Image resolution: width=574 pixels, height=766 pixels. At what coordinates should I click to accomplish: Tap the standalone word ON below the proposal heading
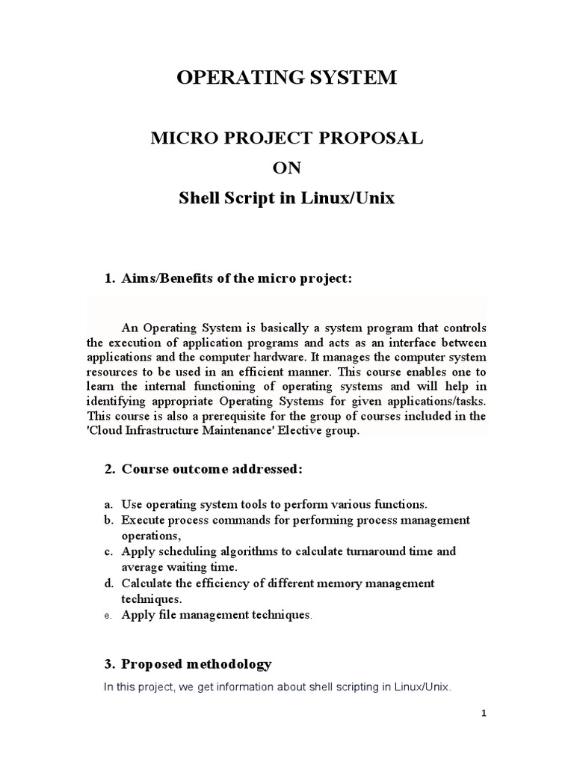click(x=286, y=168)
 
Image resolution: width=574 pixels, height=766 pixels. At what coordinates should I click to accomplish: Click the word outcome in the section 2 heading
click(x=210, y=469)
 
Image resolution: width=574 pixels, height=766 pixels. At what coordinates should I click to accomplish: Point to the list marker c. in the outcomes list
click(x=108, y=551)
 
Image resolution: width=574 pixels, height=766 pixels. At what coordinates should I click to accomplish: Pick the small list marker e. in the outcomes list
click(x=108, y=616)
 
